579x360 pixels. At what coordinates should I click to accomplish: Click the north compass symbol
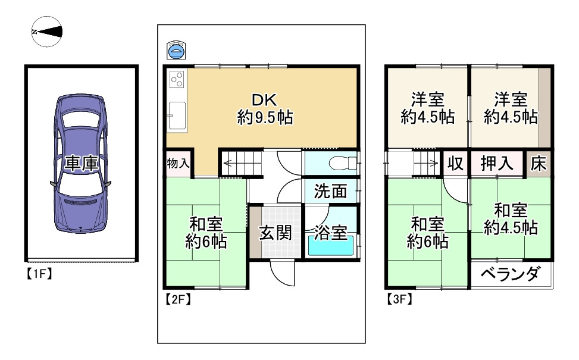[x=46, y=32]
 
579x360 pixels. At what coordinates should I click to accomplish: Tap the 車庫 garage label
[x=81, y=164]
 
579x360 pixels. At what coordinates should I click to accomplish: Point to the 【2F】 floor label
[x=177, y=299]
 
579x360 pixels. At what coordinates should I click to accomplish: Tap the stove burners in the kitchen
[x=177, y=79]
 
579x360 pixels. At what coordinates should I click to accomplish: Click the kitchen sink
[x=177, y=115]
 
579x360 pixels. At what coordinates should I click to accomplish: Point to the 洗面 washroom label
[x=330, y=191]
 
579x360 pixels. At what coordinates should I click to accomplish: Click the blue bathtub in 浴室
[x=330, y=245]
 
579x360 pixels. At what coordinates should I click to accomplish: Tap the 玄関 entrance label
[x=275, y=232]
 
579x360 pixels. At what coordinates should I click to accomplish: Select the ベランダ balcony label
[x=510, y=275]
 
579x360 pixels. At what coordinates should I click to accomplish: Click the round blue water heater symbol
[x=176, y=52]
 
